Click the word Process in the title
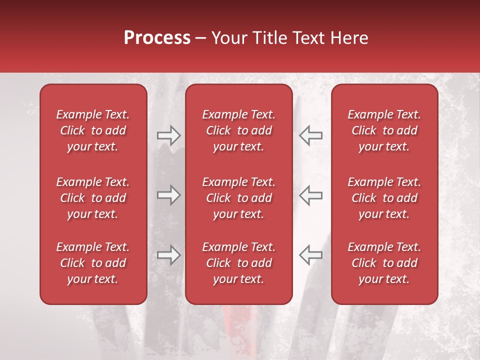pyautogui.click(x=157, y=38)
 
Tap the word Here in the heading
pyautogui.click(x=350, y=38)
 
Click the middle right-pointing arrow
pyautogui.click(x=168, y=195)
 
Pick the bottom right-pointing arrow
pyautogui.click(x=168, y=255)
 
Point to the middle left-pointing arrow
pyautogui.click(x=311, y=195)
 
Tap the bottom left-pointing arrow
pyautogui.click(x=311, y=255)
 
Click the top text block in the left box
pyautogui.click(x=93, y=130)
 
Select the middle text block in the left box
pyautogui.click(x=93, y=198)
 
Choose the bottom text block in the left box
pyautogui.click(x=93, y=263)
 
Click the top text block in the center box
pyautogui.click(x=238, y=130)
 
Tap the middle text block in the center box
pyautogui.click(x=238, y=198)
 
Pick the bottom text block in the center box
pyautogui.click(x=238, y=263)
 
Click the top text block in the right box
pyautogui.click(x=384, y=130)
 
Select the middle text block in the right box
pyautogui.click(x=384, y=198)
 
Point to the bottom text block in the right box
pyautogui.click(x=384, y=263)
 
